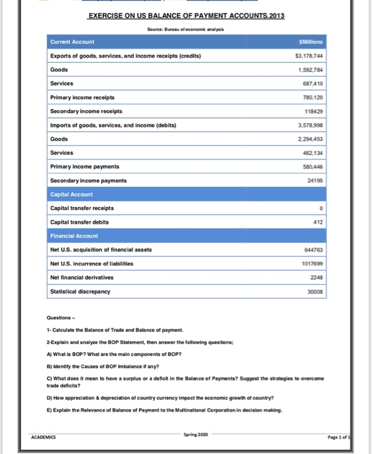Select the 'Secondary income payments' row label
(x=88, y=180)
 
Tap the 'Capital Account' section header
(x=71, y=194)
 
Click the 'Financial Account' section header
(x=73, y=236)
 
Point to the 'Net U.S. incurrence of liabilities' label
(x=97, y=263)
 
